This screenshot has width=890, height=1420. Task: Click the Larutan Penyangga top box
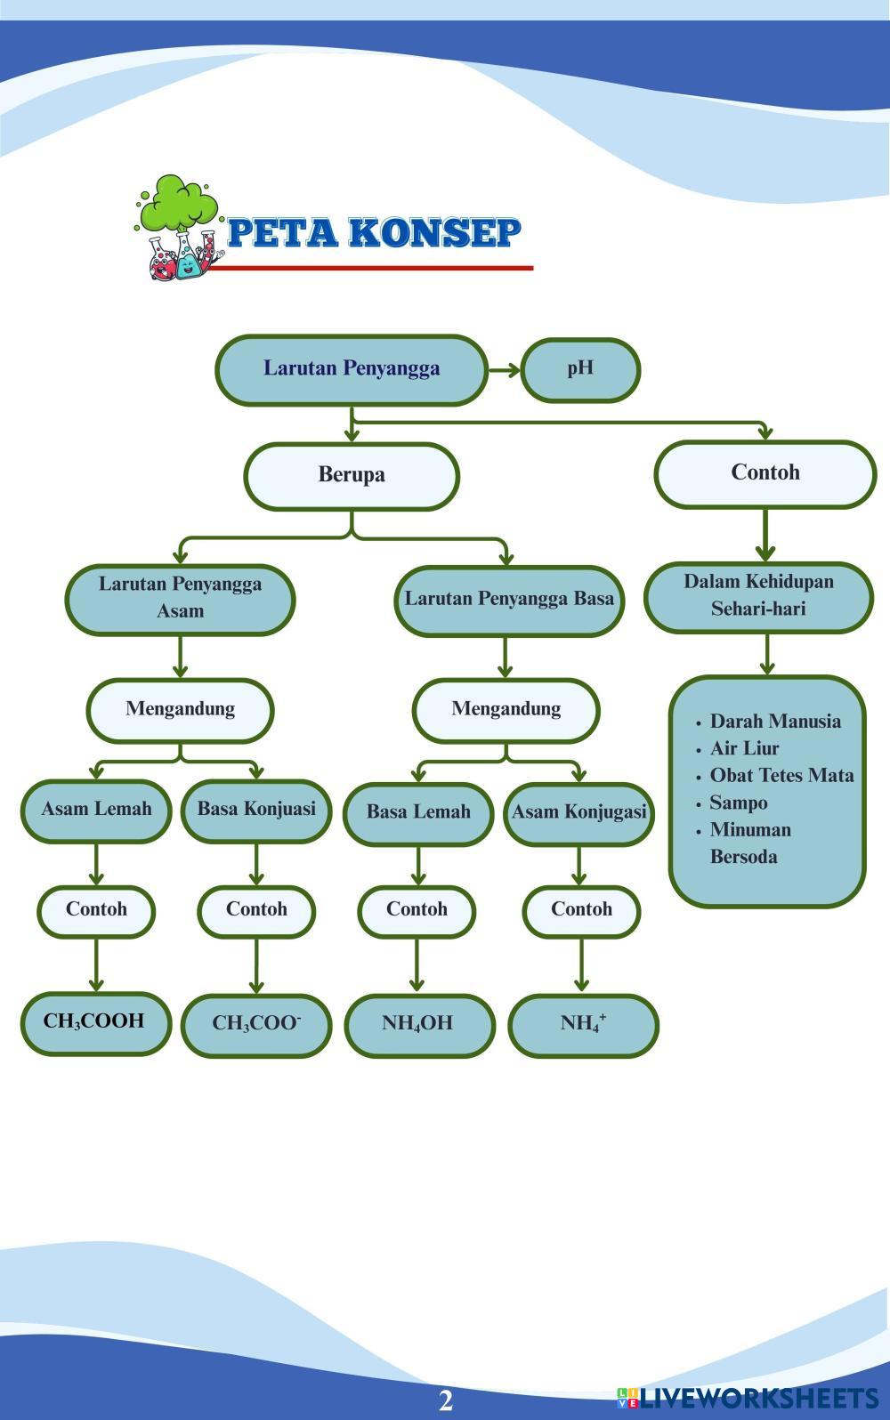[352, 369]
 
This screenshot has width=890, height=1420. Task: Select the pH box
[580, 369]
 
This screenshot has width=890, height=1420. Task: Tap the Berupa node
[352, 475]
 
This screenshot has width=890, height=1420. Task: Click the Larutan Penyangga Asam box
[180, 598]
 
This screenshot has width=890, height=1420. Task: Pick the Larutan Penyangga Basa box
[509, 599]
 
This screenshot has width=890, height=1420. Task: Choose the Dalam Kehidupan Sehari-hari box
[758, 595]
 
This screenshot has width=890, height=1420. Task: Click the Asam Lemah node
[96, 810]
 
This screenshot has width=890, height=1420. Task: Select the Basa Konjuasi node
[256, 810]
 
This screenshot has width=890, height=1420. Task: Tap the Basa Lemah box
[418, 812]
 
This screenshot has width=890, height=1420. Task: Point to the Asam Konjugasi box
[579, 812]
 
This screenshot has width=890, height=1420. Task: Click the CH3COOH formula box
[95, 1022]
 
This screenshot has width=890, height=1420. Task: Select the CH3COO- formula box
[256, 1024]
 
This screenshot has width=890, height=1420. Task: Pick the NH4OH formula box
[418, 1024]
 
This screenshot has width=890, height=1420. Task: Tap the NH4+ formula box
[583, 1024]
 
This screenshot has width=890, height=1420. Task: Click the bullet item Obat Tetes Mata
[781, 776]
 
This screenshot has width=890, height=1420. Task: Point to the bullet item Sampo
[738, 803]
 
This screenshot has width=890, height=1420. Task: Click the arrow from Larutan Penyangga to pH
[505, 370]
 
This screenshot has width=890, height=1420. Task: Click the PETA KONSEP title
[374, 233]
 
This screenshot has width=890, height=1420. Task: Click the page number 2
[446, 1400]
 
